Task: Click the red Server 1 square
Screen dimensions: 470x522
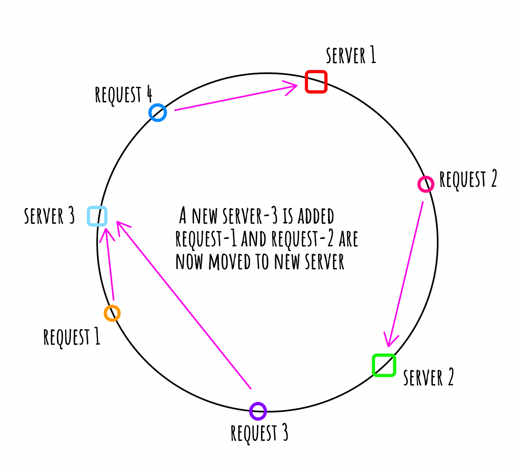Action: (x=316, y=81)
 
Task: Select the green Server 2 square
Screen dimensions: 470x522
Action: (x=384, y=365)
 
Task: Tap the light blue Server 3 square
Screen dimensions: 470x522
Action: (x=97, y=216)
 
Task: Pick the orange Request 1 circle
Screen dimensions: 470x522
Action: (x=112, y=313)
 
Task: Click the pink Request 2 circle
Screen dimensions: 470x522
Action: (x=425, y=184)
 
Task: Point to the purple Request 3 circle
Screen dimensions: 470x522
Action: (x=258, y=411)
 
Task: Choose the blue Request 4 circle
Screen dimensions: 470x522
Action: (x=158, y=112)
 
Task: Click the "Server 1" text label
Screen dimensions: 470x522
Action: (x=351, y=56)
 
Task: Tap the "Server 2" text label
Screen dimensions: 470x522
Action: (x=428, y=377)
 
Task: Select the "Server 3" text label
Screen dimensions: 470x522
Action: (x=49, y=216)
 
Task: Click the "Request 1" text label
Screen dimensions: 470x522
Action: (x=72, y=337)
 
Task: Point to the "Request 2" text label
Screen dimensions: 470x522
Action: (x=468, y=179)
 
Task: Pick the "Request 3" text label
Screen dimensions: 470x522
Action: (x=260, y=433)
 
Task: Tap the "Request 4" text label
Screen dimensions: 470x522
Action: (x=123, y=94)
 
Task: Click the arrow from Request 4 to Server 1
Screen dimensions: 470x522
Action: (x=235, y=98)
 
